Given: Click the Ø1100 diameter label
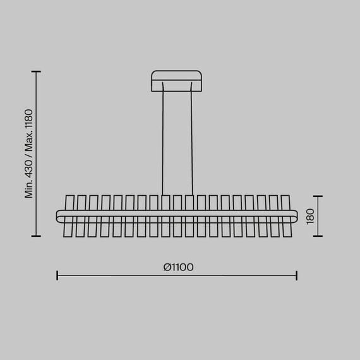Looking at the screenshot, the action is pyautogui.click(x=178, y=267).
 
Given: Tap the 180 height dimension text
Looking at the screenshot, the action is pyautogui.click(x=310, y=217).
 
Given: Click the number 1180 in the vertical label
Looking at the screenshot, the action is pyautogui.click(x=29, y=119).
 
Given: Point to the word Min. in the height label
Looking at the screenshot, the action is pyautogui.click(x=29, y=189).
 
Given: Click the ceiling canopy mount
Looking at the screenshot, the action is pyautogui.click(x=177, y=81).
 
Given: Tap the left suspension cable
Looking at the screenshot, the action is pyautogui.click(x=163, y=139).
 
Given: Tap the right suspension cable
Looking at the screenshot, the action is pyautogui.click(x=191, y=139).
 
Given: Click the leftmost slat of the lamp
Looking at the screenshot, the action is pyautogui.click(x=69, y=216).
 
